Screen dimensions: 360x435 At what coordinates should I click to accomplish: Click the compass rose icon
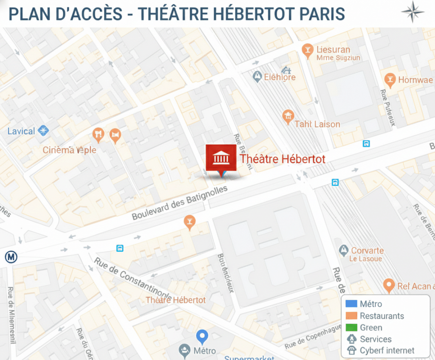[x=412, y=12]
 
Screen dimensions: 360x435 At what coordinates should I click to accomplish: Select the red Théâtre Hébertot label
[x=282, y=159]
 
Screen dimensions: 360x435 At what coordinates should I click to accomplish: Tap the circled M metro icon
[x=11, y=257]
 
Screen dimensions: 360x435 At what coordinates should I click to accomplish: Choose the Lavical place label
[x=21, y=131]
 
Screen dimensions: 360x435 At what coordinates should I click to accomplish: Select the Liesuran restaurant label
[x=333, y=50]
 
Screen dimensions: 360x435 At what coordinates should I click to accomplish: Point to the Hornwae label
[x=415, y=80]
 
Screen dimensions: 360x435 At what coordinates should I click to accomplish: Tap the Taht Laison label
[x=317, y=124]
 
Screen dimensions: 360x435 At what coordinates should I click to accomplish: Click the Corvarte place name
[x=367, y=250]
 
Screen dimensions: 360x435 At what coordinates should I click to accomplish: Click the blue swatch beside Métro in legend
[x=351, y=304]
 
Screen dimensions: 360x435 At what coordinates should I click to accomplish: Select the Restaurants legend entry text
[x=381, y=316]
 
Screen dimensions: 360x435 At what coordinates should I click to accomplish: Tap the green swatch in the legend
[x=351, y=327]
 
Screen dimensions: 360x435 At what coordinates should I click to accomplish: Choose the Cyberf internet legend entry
[x=387, y=350]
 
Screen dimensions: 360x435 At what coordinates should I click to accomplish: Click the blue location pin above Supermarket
[x=202, y=337]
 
